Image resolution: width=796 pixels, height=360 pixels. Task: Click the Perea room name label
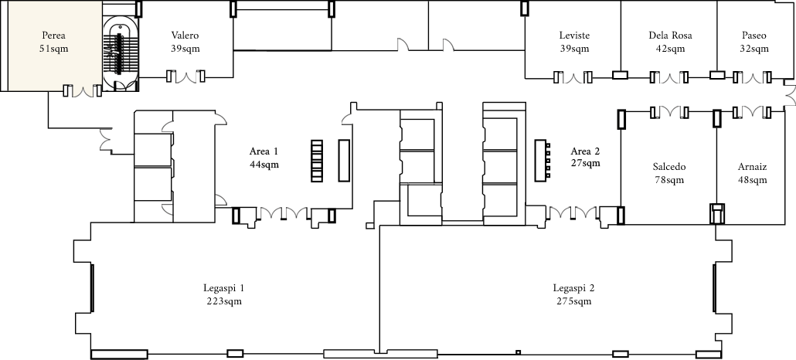pos(54,36)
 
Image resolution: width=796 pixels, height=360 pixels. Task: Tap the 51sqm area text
pos(54,49)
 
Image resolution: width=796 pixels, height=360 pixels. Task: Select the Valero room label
pos(185,36)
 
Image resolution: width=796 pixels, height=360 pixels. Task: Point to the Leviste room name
pos(574,36)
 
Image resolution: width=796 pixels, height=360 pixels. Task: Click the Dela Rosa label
pos(670,36)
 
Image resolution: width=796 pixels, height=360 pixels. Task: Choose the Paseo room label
pos(753,36)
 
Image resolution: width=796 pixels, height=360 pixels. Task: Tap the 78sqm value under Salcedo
pos(669,180)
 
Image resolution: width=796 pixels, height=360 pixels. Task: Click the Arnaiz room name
pos(753,167)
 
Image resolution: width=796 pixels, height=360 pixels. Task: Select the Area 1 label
pos(264,151)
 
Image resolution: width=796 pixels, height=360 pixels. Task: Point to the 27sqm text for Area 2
pos(585,164)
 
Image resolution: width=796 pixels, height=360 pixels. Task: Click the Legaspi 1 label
pos(224,288)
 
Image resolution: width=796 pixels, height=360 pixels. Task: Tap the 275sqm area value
pos(573,301)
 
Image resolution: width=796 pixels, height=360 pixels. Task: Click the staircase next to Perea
pos(121,54)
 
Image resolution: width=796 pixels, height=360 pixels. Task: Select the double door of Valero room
pos(185,77)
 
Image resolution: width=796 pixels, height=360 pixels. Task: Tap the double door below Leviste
pos(573,78)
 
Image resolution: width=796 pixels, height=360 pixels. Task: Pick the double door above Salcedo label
pos(669,112)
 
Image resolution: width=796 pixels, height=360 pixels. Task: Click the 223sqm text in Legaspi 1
pos(224,301)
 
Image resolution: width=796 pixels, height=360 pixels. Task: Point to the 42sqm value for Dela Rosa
pos(670,49)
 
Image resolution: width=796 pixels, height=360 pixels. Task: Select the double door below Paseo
pos(753,77)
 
